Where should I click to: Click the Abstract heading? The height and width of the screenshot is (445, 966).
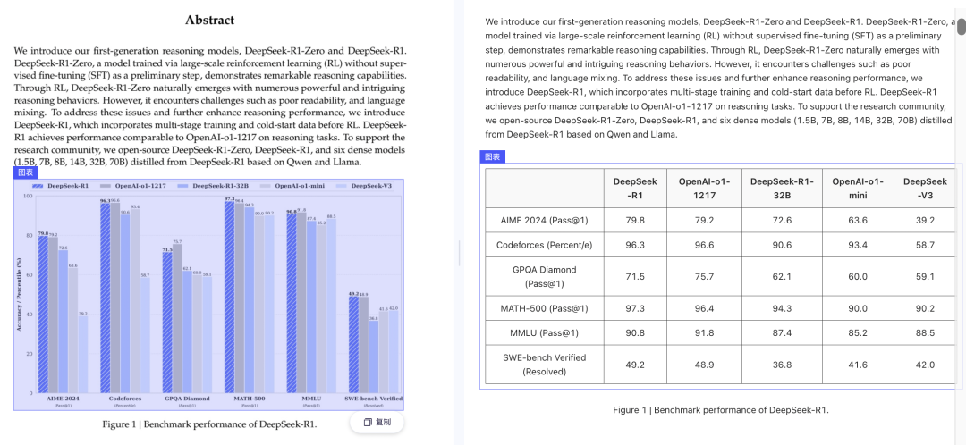pyautogui.click(x=210, y=20)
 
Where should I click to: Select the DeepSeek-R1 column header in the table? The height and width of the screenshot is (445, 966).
pyautogui.click(x=635, y=188)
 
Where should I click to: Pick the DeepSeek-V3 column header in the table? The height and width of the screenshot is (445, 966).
pyautogui.click(x=924, y=188)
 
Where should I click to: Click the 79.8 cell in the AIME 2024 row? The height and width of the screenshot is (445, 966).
pyautogui.click(x=635, y=220)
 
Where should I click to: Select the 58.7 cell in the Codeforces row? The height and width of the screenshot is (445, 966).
pyautogui.click(x=924, y=244)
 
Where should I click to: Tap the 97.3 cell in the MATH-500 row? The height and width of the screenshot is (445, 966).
pyautogui.click(x=635, y=308)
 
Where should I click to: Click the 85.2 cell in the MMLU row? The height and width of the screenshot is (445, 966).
pyautogui.click(x=851, y=332)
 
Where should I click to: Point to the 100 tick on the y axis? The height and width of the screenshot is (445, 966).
pyautogui.click(x=28, y=196)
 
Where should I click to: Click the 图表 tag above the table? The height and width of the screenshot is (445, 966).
pyautogui.click(x=493, y=156)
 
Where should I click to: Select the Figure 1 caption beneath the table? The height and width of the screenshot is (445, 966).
pyautogui.click(x=720, y=410)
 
